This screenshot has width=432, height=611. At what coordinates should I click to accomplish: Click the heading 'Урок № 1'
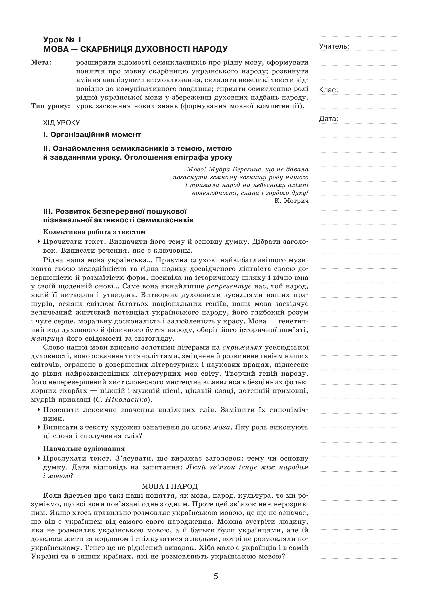point(62,40)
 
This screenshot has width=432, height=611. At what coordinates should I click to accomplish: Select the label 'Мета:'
point(41,62)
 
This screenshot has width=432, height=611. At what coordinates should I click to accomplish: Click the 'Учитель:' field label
point(334,46)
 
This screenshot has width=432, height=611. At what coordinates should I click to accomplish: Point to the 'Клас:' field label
point(329,90)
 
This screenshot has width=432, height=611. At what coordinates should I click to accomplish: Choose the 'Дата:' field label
point(329,119)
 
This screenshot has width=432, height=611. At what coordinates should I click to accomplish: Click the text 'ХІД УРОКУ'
point(61,123)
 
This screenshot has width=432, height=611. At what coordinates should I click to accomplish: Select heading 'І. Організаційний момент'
point(92,135)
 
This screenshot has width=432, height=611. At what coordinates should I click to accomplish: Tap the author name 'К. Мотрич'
point(291,201)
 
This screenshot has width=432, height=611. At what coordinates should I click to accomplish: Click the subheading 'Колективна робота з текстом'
point(95,232)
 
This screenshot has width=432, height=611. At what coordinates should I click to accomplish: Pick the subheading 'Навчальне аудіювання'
point(84,449)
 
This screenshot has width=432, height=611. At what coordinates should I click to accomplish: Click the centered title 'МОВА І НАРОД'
point(170,486)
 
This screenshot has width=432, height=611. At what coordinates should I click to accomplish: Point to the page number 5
point(216,577)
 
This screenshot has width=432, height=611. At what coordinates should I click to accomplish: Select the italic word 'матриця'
point(47,339)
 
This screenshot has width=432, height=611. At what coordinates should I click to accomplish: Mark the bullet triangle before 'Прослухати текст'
point(39,458)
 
